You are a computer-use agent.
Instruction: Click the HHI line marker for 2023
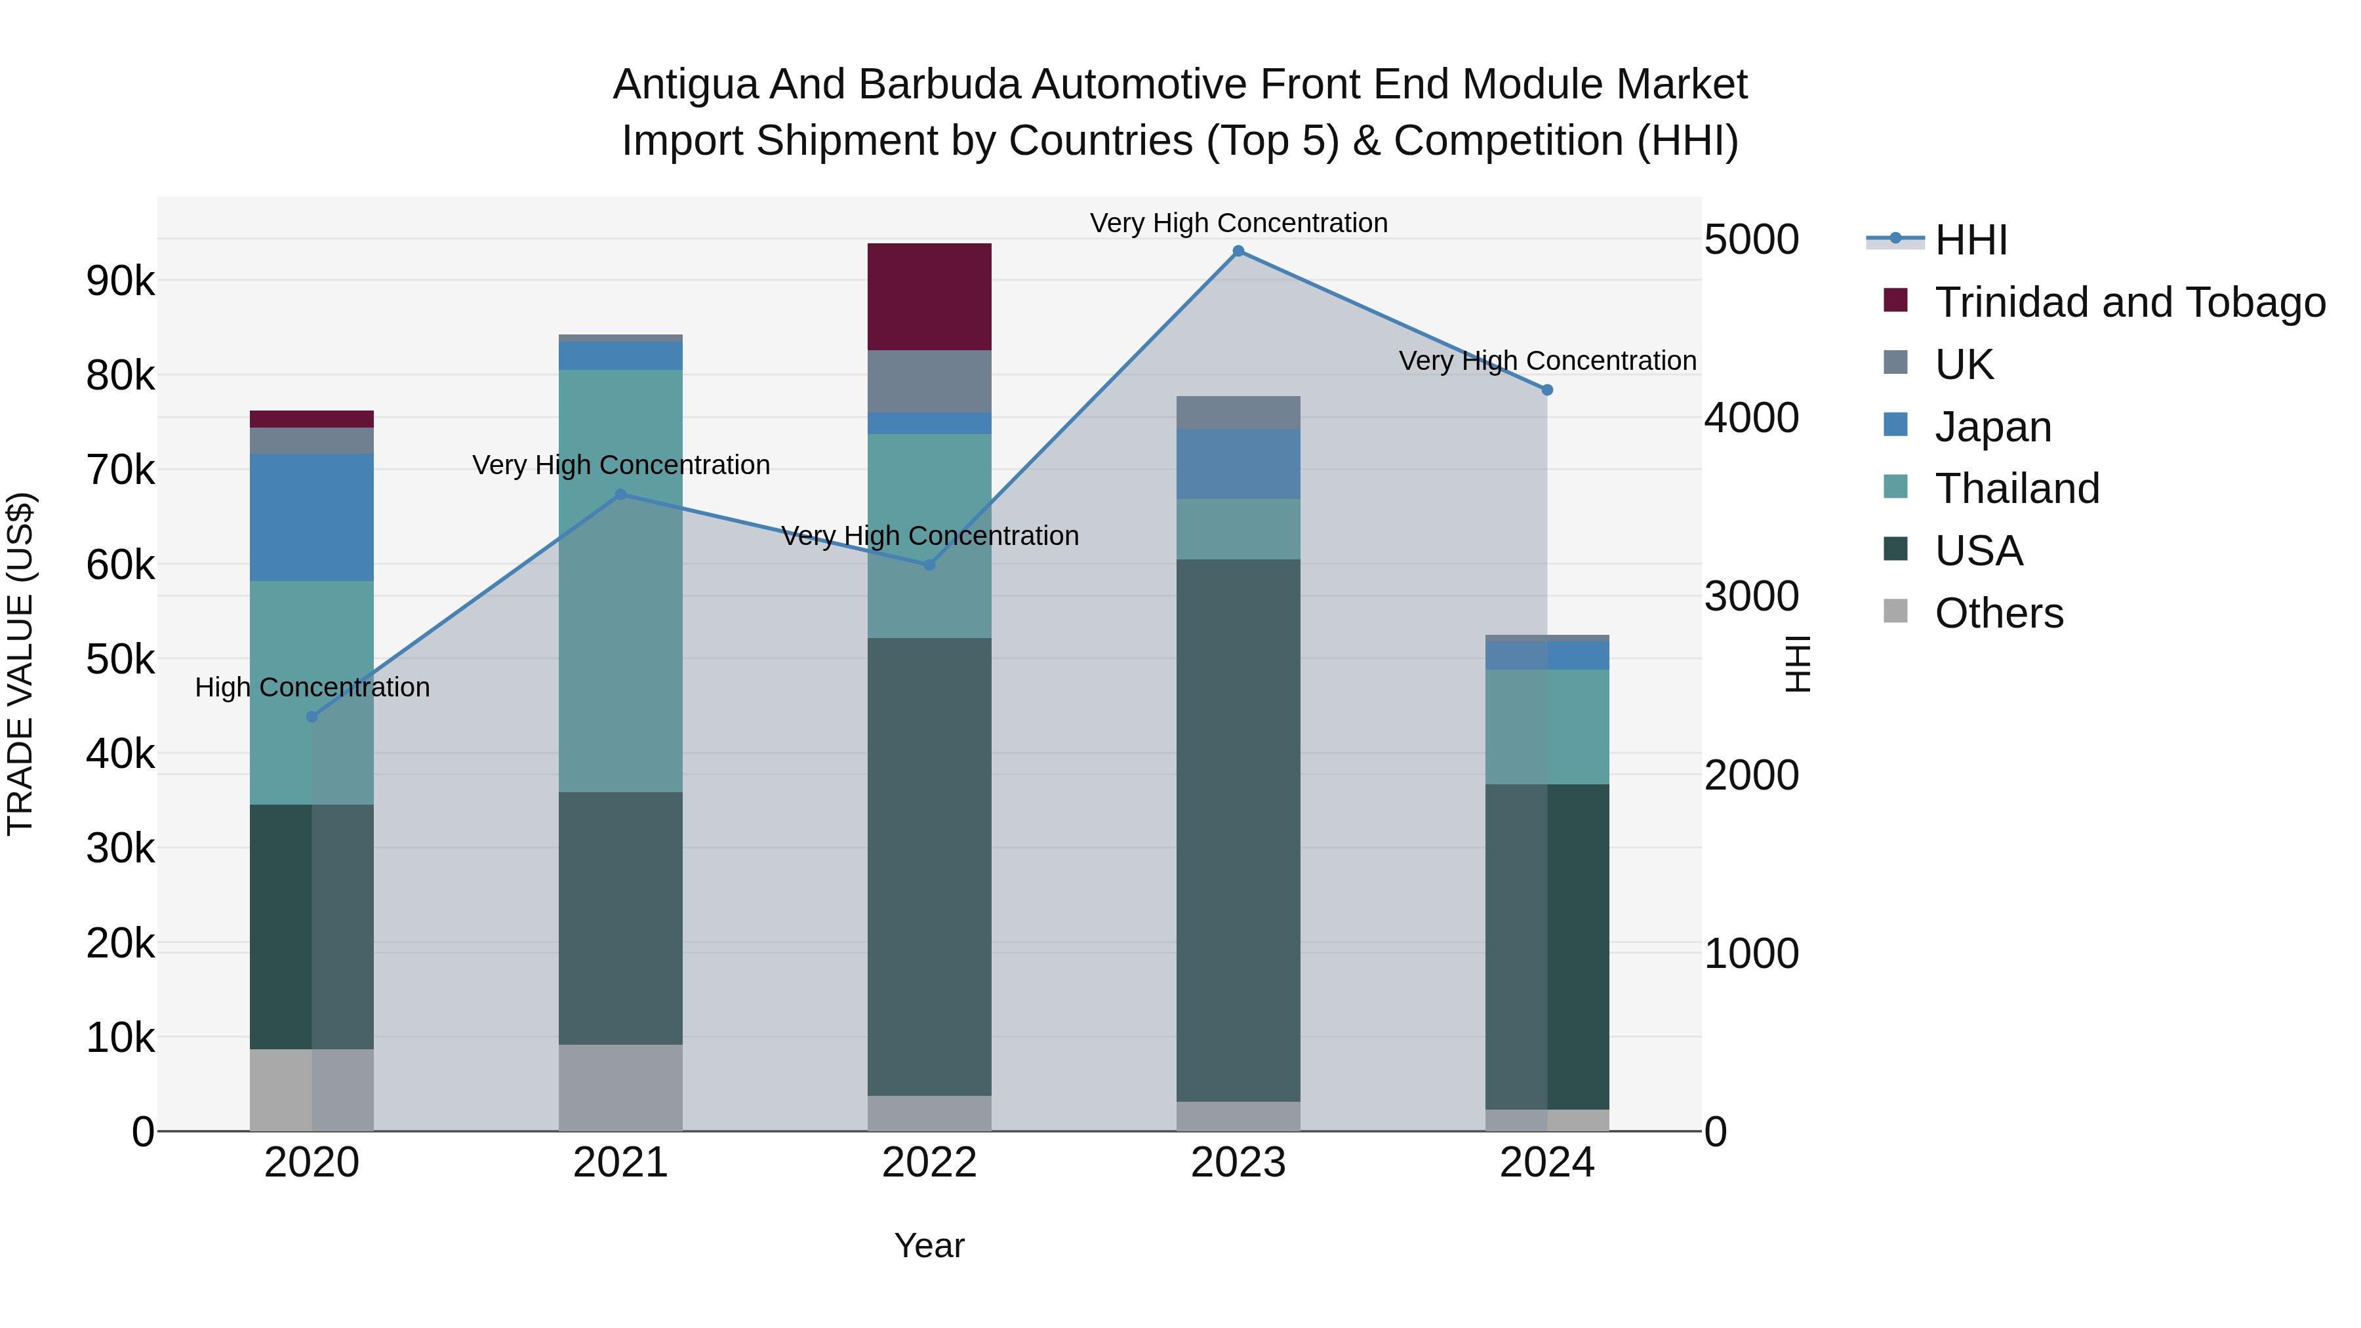click(x=1238, y=251)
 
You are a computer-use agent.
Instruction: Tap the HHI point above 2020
click(x=312, y=717)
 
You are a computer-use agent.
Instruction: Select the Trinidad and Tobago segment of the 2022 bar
click(x=929, y=297)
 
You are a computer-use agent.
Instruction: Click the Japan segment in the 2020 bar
click(x=312, y=518)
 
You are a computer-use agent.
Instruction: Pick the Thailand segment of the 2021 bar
click(x=620, y=581)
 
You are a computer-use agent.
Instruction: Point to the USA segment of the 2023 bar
click(x=1238, y=830)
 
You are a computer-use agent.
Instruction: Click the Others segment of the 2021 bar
click(x=620, y=1088)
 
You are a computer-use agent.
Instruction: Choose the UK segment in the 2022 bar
click(x=929, y=381)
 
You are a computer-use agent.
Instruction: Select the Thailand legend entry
click(x=2017, y=489)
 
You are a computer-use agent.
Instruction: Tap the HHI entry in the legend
click(x=1971, y=240)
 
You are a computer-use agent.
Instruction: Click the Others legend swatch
click(x=1895, y=611)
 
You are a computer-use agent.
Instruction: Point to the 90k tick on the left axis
click(x=120, y=281)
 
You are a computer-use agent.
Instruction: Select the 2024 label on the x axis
click(x=1547, y=1163)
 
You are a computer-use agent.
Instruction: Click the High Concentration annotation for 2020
click(x=312, y=687)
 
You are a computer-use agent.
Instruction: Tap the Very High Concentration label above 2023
click(x=1238, y=223)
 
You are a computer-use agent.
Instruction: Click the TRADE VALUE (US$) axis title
click(x=20, y=664)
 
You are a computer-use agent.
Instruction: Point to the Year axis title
click(x=929, y=1245)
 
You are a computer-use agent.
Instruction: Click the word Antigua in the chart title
click(x=685, y=85)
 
